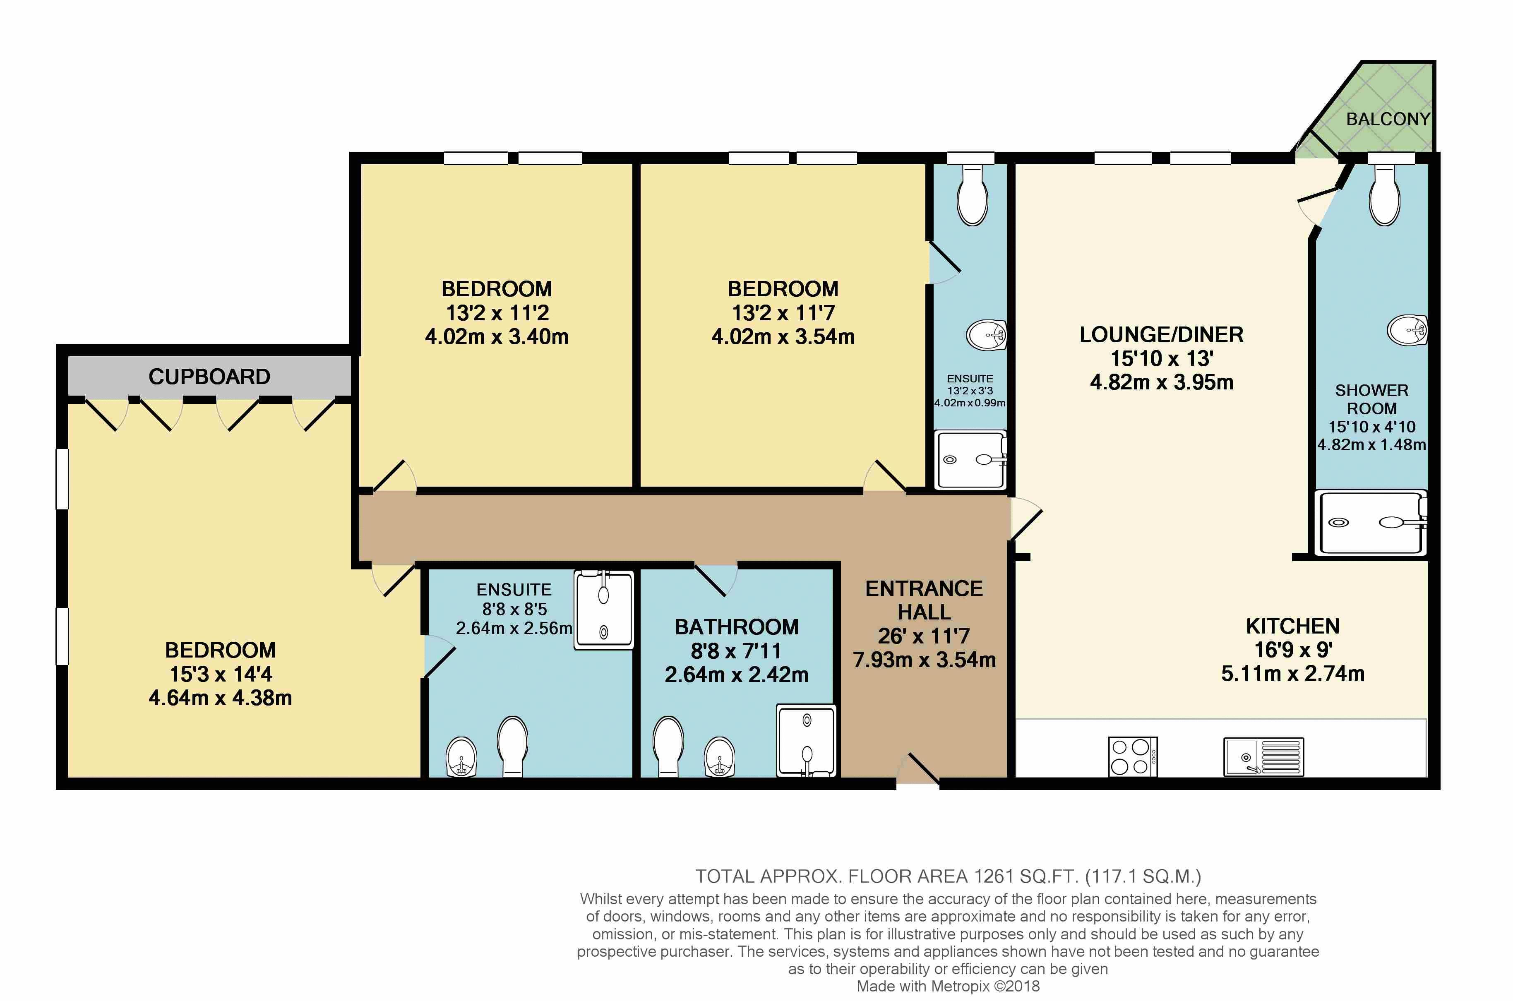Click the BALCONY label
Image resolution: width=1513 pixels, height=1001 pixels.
[1388, 119]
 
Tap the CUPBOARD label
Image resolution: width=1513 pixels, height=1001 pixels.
[209, 377]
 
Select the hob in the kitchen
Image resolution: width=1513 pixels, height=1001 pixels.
[1133, 757]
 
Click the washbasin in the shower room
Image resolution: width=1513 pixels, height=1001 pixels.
[1407, 330]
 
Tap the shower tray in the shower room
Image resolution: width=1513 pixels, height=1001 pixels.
[1371, 523]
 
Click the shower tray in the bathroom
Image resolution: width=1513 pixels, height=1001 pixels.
[806, 741]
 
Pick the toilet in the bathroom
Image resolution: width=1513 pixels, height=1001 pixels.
[668, 747]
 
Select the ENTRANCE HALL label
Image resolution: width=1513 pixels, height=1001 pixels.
[924, 600]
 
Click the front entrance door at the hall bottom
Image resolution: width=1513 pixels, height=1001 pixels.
[918, 771]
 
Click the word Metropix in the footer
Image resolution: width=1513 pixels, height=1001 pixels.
[960, 987]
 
